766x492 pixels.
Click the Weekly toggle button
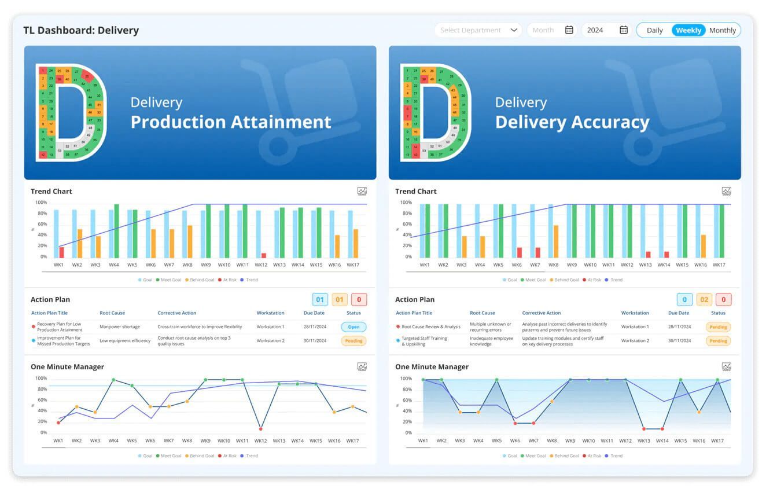pos(688,30)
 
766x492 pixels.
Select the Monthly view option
pos(722,30)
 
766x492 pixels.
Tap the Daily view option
pos(654,30)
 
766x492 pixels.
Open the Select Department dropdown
pos(478,30)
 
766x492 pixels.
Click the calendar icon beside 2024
pos(624,30)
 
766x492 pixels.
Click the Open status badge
pos(353,326)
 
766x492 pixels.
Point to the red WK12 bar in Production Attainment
pos(264,255)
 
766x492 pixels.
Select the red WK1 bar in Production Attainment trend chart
pos(62,252)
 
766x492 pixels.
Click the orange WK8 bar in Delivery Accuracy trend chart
pos(556,241)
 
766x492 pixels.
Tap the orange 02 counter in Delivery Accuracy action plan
pos(704,299)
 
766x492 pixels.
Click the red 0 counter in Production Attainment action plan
pos(359,299)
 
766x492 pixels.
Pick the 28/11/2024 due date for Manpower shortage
pos(315,326)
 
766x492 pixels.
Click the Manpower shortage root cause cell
pos(120,326)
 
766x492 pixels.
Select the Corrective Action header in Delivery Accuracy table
pos(541,313)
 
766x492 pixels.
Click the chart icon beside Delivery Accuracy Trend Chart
pos(726,191)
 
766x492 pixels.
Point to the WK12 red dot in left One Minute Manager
pos(261,429)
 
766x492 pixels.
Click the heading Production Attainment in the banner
pos(231,122)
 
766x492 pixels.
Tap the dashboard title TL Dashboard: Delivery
pos(81,30)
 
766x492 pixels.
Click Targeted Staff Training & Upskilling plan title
pos(424,341)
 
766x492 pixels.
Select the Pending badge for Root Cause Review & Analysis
pos(718,326)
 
